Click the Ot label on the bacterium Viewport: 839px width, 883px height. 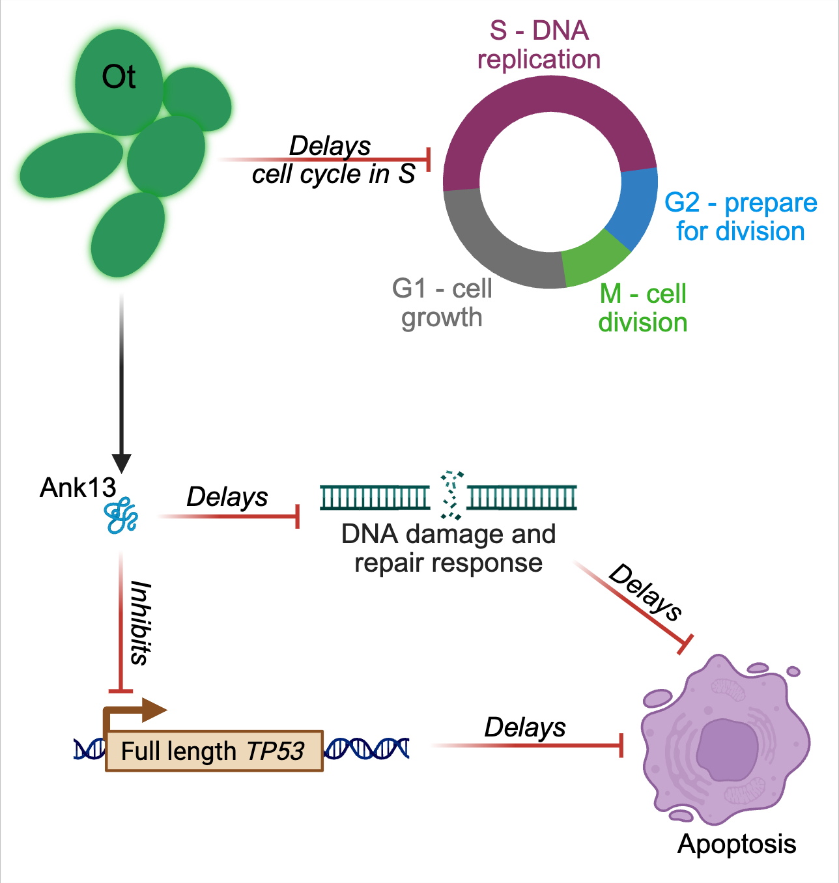pos(119,77)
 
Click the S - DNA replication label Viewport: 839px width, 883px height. pos(539,45)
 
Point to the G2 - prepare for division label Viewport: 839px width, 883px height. pos(741,217)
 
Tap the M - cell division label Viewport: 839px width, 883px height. pos(643,308)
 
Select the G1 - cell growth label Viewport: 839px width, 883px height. pos(442,303)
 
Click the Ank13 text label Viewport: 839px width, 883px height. pos(78,488)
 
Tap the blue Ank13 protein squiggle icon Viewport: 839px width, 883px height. pos(121,516)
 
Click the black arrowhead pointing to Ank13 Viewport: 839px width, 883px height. pos(121,463)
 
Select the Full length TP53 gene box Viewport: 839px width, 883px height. pos(214,751)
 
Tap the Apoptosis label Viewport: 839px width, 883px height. pos(737,844)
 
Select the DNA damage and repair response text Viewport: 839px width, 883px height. pos(448,548)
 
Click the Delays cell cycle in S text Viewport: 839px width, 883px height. pos(333,160)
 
